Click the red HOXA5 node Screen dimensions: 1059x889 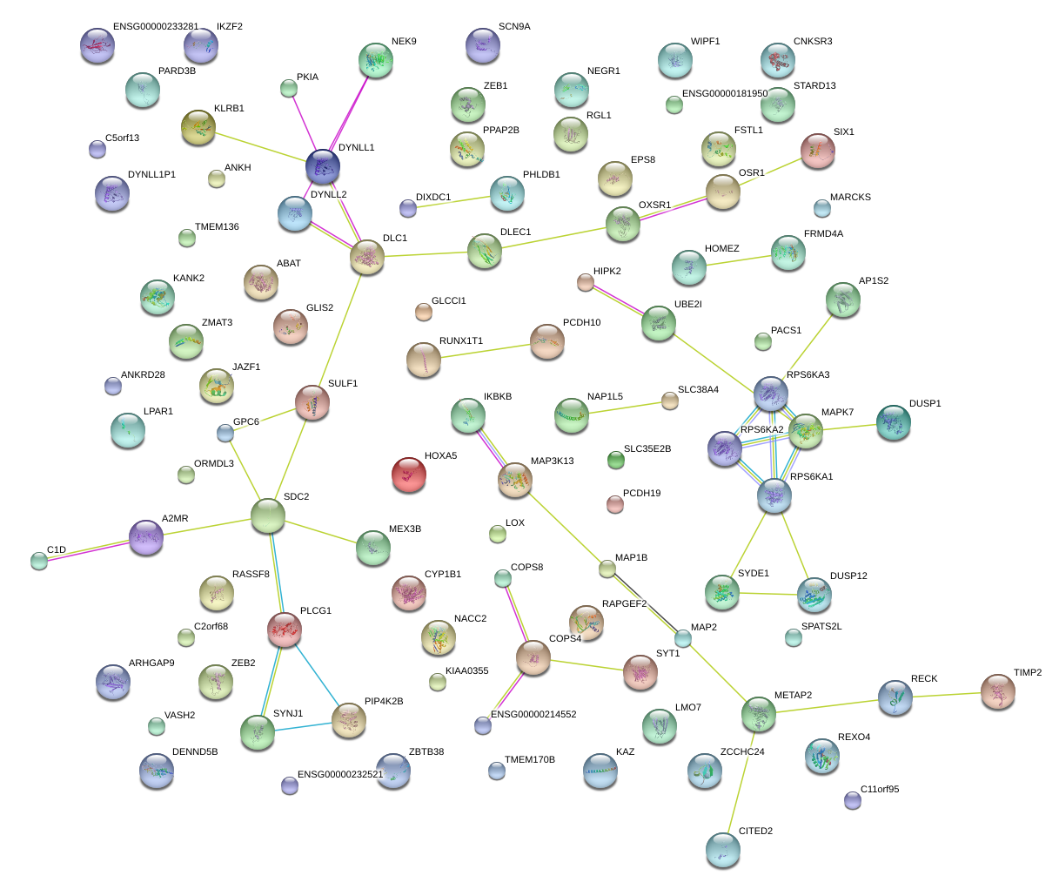coord(409,475)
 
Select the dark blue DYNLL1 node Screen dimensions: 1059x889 coord(323,166)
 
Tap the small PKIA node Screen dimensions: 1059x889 coord(289,88)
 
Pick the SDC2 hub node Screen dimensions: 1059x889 coord(268,516)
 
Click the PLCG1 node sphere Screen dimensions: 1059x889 coord(285,630)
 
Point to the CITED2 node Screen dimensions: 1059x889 coord(723,850)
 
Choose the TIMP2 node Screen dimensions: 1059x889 coord(998,691)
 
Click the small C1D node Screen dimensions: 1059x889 coord(39,561)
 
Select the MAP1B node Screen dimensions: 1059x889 coord(607,569)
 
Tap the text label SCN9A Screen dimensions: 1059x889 coord(514,26)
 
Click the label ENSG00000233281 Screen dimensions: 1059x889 coord(156,26)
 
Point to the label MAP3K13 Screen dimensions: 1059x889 coord(553,461)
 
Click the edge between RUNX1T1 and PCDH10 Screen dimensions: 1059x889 coord(486,351)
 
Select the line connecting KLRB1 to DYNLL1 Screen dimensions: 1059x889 coord(260,146)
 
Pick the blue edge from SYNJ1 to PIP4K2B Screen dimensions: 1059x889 coord(304,727)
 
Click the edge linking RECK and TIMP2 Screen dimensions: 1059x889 coord(947,695)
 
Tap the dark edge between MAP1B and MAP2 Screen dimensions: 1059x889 coord(645,603)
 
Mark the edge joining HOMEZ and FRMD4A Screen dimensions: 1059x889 coord(739,260)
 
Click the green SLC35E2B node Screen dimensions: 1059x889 coord(616,460)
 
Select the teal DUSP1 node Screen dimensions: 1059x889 coord(893,422)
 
